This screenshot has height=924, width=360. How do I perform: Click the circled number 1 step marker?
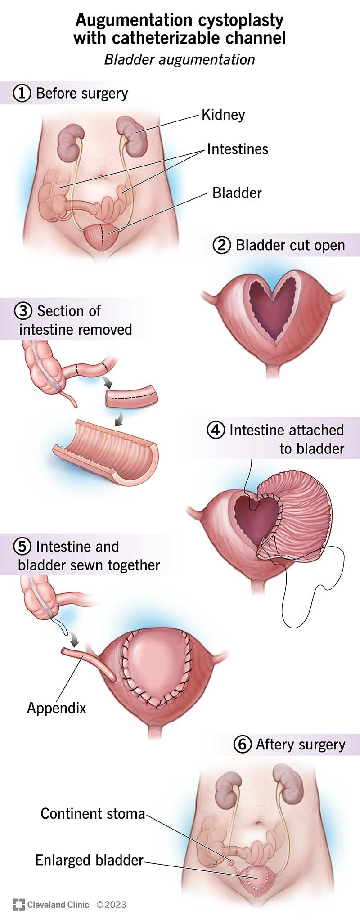tap(22, 94)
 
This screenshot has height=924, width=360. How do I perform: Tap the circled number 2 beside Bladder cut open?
tap(221, 246)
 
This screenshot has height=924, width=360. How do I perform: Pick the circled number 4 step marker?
tap(216, 430)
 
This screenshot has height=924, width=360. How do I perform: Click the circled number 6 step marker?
tap(242, 745)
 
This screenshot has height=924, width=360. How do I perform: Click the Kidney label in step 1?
tap(223, 115)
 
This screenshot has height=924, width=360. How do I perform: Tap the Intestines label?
tap(238, 149)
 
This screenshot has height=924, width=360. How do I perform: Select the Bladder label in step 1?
tap(237, 193)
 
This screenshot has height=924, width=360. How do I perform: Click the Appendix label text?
tap(57, 708)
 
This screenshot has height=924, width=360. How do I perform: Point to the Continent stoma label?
tap(93, 814)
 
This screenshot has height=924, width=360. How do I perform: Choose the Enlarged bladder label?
tap(89, 860)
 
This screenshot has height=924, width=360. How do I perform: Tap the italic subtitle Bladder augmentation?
tap(180, 59)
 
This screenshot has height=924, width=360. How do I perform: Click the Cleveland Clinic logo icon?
tap(18, 905)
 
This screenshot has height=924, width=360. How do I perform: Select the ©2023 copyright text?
tap(111, 905)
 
